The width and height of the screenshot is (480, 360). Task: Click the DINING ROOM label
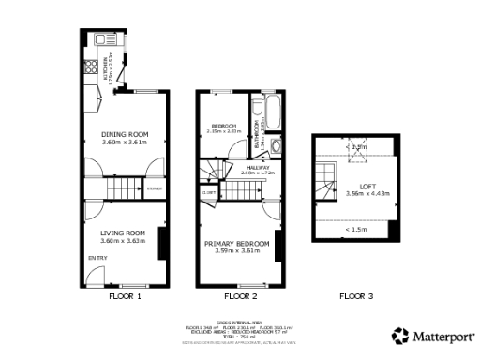click(x=125, y=134)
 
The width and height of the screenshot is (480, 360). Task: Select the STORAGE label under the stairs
click(x=154, y=191)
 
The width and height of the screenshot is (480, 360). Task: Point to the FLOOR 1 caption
click(x=125, y=296)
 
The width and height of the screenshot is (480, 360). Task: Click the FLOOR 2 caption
click(x=241, y=296)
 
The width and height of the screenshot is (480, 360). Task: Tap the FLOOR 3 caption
click(x=356, y=296)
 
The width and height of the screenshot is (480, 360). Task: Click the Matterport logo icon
click(x=399, y=335)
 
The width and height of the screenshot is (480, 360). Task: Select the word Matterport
click(x=440, y=335)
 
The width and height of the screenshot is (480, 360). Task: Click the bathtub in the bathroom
click(x=271, y=112)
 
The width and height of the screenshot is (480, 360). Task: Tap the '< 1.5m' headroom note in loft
click(x=356, y=229)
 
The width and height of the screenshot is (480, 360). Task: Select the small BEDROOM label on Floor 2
click(x=225, y=126)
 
